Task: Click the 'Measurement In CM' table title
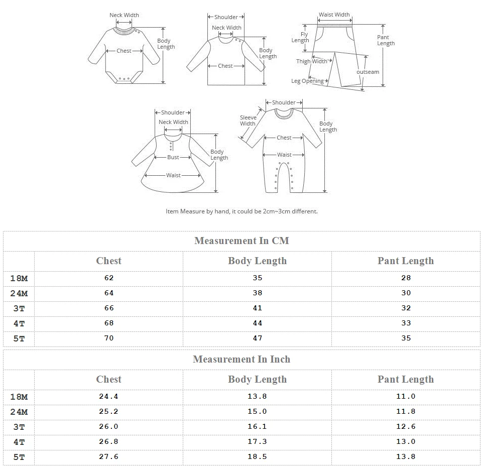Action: point(241,241)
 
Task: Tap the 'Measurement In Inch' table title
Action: point(241,359)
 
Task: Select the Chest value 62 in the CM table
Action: point(109,278)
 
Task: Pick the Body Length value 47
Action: point(257,338)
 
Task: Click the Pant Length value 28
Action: point(406,278)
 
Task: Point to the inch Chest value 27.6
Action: point(109,456)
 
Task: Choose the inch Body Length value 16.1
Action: point(257,426)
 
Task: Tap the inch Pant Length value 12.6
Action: point(406,426)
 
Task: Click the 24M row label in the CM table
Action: point(19,293)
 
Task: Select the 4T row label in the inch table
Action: point(19,442)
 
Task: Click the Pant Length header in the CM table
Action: point(406,261)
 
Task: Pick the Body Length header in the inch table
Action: point(257,379)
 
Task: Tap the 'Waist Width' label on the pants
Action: point(334,15)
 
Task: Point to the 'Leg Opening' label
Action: point(307,81)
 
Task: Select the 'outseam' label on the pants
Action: point(368,72)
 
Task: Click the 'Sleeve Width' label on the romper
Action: point(248,121)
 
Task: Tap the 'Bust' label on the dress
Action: point(173,157)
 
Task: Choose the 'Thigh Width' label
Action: point(311,61)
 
